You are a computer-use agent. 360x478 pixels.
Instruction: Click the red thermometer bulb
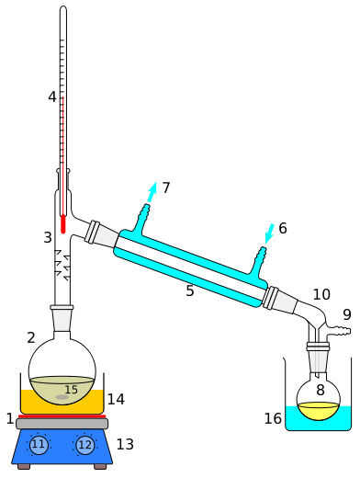tap(63, 224)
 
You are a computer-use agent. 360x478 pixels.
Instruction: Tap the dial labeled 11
tap(39, 444)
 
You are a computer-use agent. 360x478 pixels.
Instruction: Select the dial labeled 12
tap(84, 444)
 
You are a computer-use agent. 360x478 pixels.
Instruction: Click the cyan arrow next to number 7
tap(152, 192)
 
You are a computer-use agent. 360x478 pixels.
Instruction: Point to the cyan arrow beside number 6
tap(269, 233)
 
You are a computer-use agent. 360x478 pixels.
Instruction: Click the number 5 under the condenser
tap(190, 290)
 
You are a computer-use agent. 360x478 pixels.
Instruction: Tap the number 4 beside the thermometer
tap(52, 97)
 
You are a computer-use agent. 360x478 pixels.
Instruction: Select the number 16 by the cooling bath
tap(273, 418)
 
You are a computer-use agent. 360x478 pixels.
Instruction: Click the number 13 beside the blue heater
tap(125, 444)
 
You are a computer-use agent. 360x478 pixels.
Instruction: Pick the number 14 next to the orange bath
tap(116, 399)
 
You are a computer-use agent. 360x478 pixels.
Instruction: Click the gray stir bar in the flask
tap(62, 397)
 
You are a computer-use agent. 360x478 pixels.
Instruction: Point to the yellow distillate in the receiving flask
tap(319, 411)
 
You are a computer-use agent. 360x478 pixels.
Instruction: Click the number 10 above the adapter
tap(321, 294)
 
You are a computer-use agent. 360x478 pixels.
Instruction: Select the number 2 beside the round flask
tap(31, 337)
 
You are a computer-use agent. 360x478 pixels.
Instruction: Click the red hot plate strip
tap(62, 416)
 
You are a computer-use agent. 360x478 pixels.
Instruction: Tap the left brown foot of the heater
tap(24, 466)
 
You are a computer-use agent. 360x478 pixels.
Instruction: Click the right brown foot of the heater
tap(100, 466)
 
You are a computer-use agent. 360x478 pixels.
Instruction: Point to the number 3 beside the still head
tap(48, 237)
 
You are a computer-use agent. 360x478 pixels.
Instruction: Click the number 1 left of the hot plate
tap(10, 418)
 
